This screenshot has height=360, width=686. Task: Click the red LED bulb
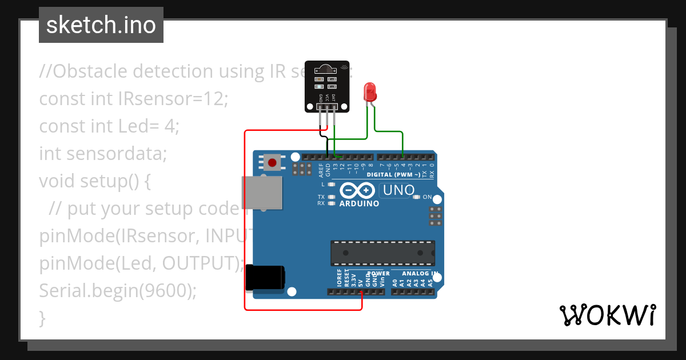click(x=370, y=92)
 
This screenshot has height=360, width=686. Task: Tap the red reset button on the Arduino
click(x=272, y=163)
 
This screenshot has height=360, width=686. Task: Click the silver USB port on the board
click(x=262, y=193)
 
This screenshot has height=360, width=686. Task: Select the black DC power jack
click(x=264, y=278)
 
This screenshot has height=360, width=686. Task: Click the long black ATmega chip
click(x=382, y=253)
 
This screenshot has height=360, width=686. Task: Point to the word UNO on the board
click(x=398, y=190)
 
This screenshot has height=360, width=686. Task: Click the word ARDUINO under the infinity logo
click(x=359, y=203)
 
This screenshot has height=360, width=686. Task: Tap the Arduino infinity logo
click(x=357, y=190)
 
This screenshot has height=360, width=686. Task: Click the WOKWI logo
click(x=607, y=315)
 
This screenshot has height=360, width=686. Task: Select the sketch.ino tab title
click(x=101, y=25)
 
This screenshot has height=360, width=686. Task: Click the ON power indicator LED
click(x=417, y=197)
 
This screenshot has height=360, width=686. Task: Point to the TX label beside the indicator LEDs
click(x=321, y=197)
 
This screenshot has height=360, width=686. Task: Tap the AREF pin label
click(x=321, y=169)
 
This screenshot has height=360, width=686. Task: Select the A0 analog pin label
click(x=395, y=282)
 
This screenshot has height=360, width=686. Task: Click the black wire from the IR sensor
click(x=323, y=137)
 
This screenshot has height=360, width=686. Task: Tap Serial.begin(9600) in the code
click(x=118, y=291)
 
